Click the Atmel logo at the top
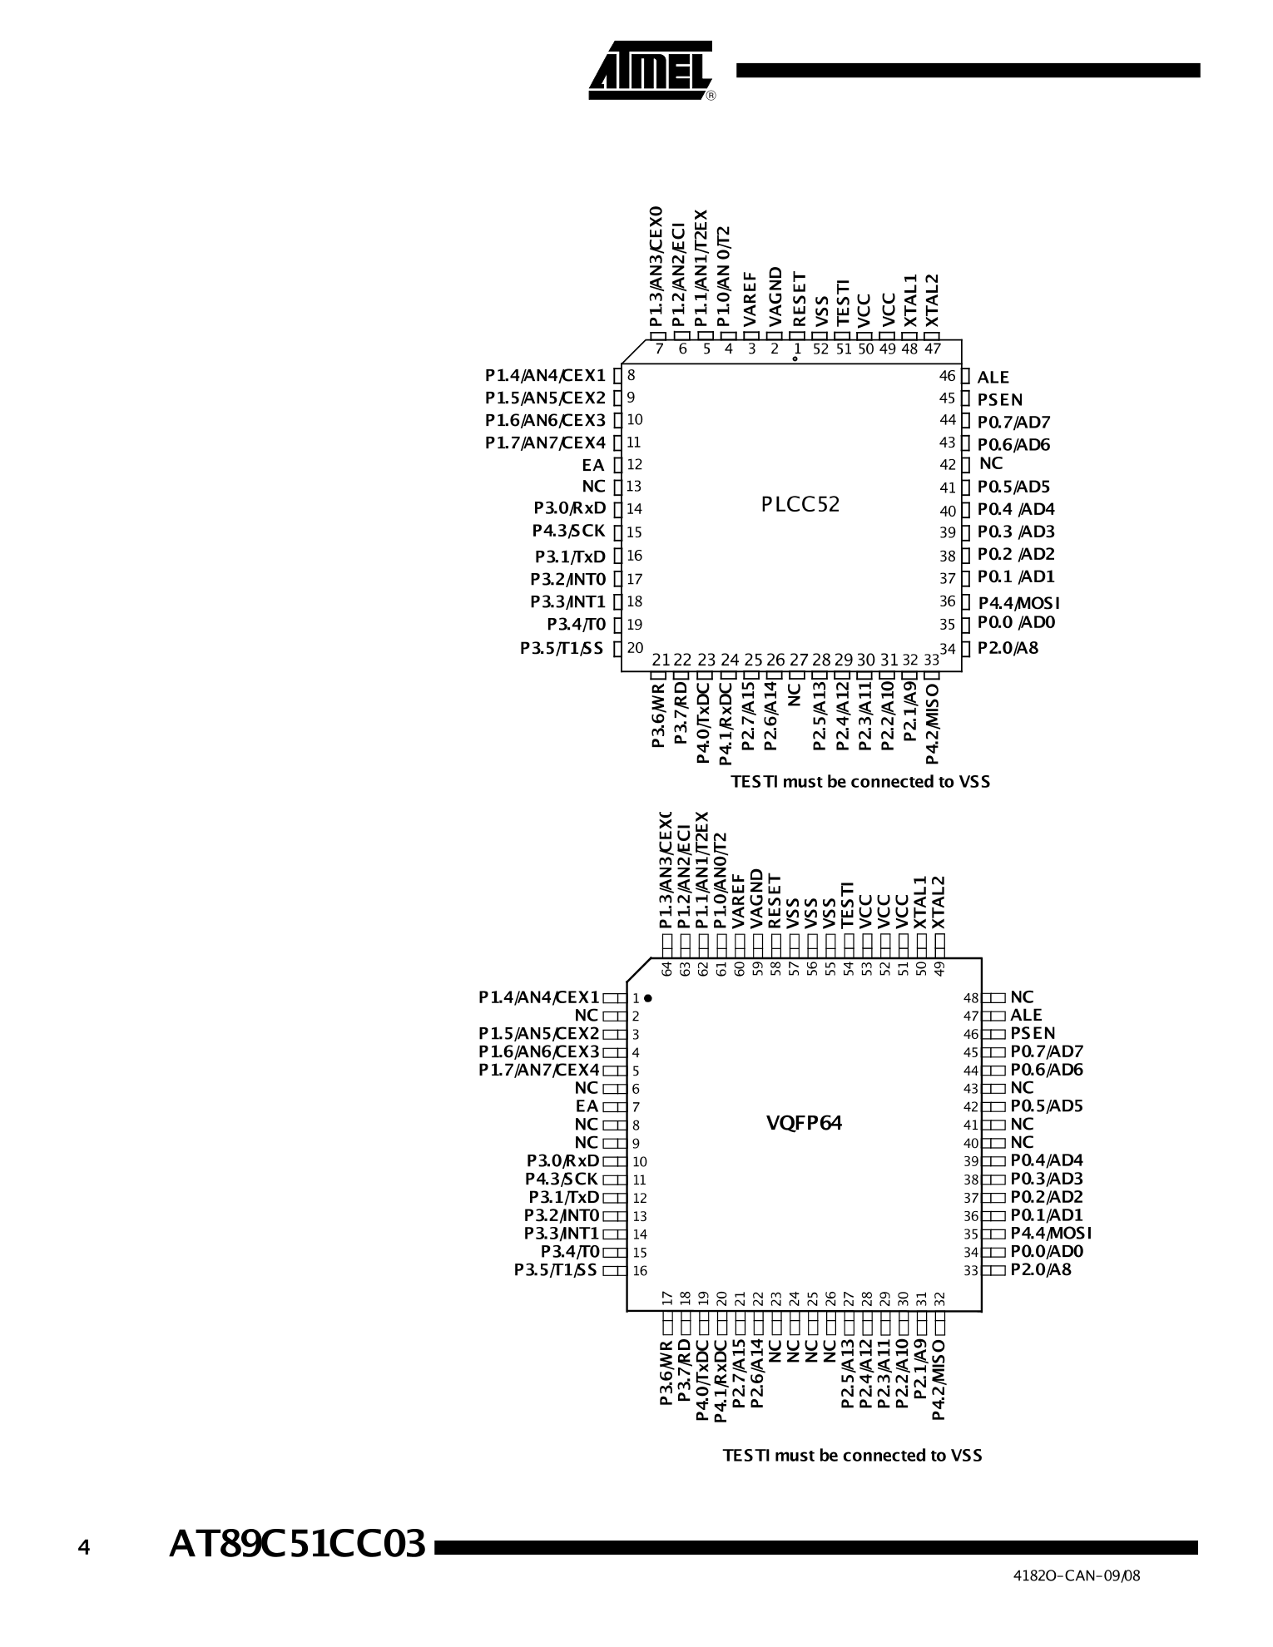[x=651, y=71]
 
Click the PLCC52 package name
[x=800, y=505]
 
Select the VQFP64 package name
[x=804, y=1123]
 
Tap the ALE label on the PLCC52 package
[x=993, y=378]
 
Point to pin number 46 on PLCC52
[x=947, y=376]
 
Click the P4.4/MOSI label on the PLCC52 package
[x=1018, y=602]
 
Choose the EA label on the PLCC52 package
[x=592, y=465]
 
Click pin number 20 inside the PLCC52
[x=635, y=647]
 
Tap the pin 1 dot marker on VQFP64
[x=647, y=997]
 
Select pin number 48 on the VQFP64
[x=971, y=997]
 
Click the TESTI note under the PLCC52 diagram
[x=860, y=782]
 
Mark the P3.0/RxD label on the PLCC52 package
[x=570, y=508]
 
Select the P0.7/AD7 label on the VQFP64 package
[x=1047, y=1052]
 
